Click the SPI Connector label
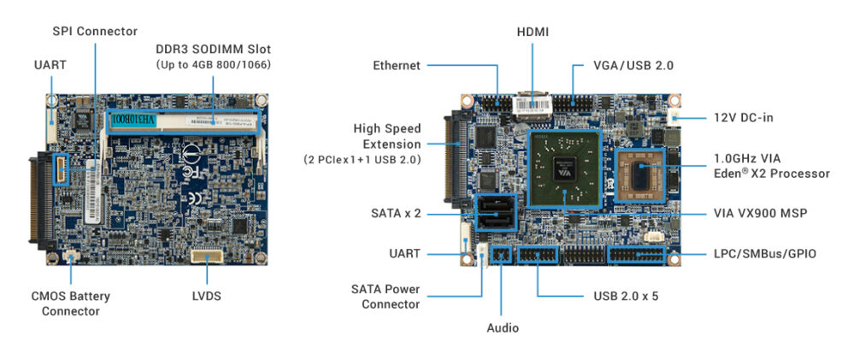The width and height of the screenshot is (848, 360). [94, 31]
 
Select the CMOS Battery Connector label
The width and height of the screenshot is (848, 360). [72, 304]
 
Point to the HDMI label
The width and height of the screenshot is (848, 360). [533, 32]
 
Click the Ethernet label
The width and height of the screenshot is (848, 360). [396, 65]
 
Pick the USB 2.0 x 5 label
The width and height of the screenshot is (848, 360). [626, 297]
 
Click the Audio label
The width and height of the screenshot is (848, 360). [503, 328]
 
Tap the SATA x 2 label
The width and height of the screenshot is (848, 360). [396, 212]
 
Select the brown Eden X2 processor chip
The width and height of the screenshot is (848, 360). [640, 175]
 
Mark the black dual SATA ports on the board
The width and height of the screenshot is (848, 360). [496, 212]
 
